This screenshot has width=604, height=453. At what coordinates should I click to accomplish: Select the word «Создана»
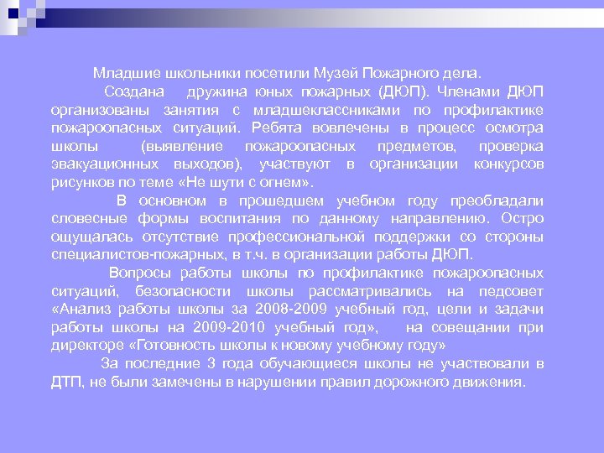pos(134,91)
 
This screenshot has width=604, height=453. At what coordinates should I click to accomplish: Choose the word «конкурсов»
pos(508,164)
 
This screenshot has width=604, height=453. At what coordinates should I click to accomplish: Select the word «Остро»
pos(524,219)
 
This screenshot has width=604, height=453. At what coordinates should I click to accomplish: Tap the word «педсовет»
pos(511,291)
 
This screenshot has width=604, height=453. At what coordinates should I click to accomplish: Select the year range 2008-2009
pos(290,310)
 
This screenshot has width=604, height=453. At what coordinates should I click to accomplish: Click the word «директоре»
pos(84,346)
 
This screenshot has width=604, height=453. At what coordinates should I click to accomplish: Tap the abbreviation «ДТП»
pos(65,382)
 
